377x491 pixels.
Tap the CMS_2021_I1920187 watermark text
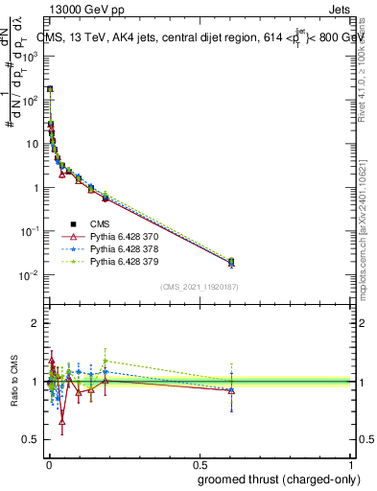(x=200, y=285)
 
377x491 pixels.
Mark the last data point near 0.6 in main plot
(x=231, y=262)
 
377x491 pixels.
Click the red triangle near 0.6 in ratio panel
(x=231, y=390)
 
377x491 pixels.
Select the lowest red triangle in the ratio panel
(x=62, y=420)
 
